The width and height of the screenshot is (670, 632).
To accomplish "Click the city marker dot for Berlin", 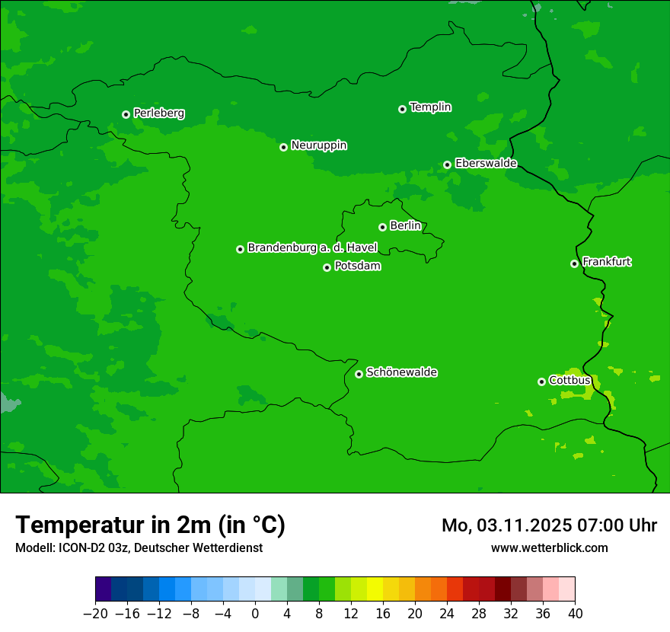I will [382, 227].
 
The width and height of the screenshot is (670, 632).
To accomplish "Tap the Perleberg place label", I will [158, 113].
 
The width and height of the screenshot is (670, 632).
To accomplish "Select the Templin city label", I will [430, 107].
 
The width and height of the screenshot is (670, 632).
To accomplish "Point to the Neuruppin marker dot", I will [283, 147].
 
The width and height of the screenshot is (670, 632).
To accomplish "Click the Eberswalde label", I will [486, 164].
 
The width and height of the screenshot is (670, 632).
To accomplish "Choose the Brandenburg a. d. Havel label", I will [312, 248].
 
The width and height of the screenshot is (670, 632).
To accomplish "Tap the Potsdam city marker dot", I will [327, 267].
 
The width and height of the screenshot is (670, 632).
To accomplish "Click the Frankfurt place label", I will [606, 262].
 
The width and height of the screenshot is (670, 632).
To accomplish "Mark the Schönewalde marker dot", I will [359, 374].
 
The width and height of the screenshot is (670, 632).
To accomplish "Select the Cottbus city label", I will [569, 380].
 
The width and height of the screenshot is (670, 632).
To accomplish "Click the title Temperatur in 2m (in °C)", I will [150, 525].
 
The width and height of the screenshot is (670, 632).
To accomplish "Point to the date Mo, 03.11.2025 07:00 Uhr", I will [549, 525].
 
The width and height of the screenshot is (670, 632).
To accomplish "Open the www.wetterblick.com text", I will [549, 547].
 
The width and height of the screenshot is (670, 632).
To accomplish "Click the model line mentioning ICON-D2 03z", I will [139, 547].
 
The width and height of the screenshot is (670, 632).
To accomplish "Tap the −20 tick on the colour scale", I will [95, 614].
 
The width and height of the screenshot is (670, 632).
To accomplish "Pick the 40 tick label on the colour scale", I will [575, 614].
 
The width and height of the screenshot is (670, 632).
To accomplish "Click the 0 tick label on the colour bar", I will [255, 614].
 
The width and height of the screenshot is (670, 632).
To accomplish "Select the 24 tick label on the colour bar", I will [447, 614].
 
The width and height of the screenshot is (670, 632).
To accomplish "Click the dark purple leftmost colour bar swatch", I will [103, 589].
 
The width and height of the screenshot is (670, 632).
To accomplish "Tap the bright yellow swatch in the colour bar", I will [375, 589].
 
